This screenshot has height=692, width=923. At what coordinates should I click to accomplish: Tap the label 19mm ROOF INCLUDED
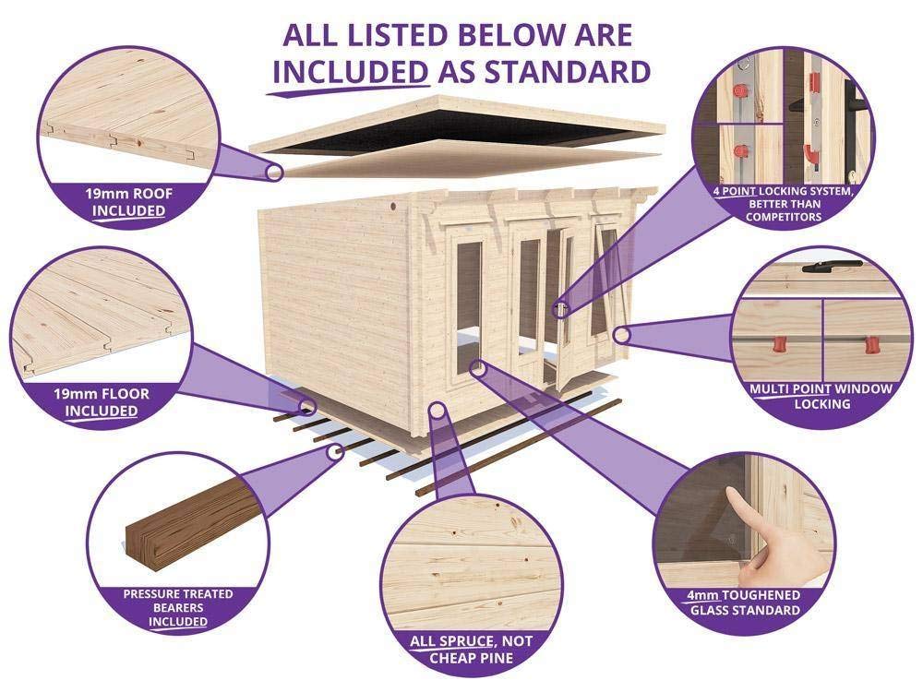129,202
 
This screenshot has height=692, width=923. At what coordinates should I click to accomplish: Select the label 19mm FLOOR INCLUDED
102,402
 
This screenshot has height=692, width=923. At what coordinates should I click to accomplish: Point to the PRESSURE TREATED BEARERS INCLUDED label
166,607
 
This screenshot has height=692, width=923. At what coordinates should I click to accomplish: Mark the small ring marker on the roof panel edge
273,172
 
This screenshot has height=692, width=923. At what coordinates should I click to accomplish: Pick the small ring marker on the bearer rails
338,451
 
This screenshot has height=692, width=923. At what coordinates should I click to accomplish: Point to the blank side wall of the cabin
342,286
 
